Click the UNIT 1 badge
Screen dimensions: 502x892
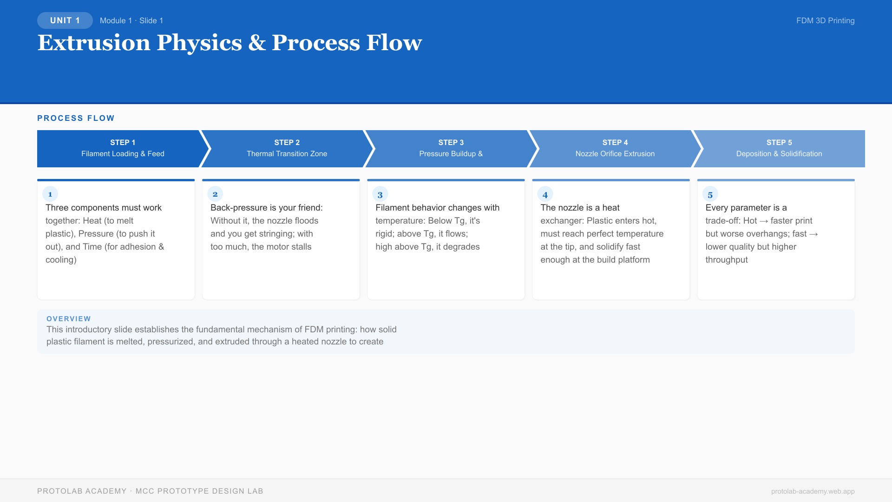coord(65,20)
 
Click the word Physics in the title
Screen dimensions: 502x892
coord(199,43)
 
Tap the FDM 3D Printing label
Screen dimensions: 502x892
coord(825,20)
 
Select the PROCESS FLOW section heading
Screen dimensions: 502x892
coord(76,118)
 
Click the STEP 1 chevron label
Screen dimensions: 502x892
coord(123,142)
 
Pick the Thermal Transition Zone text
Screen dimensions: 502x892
coord(287,154)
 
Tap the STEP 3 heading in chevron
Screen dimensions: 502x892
coord(451,142)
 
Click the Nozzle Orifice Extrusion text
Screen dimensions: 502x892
coord(615,154)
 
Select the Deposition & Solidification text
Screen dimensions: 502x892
coord(779,154)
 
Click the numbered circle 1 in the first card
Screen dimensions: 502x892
coord(50,194)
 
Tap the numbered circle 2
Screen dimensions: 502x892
coord(215,194)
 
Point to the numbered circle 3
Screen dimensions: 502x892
coord(380,194)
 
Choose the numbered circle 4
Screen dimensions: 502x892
coord(545,194)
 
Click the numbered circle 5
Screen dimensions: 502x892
coord(710,194)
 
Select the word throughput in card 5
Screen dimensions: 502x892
coord(726,260)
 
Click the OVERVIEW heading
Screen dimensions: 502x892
coord(69,319)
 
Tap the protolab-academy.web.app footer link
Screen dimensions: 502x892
coord(813,491)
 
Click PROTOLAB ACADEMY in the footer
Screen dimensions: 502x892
coord(82,491)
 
